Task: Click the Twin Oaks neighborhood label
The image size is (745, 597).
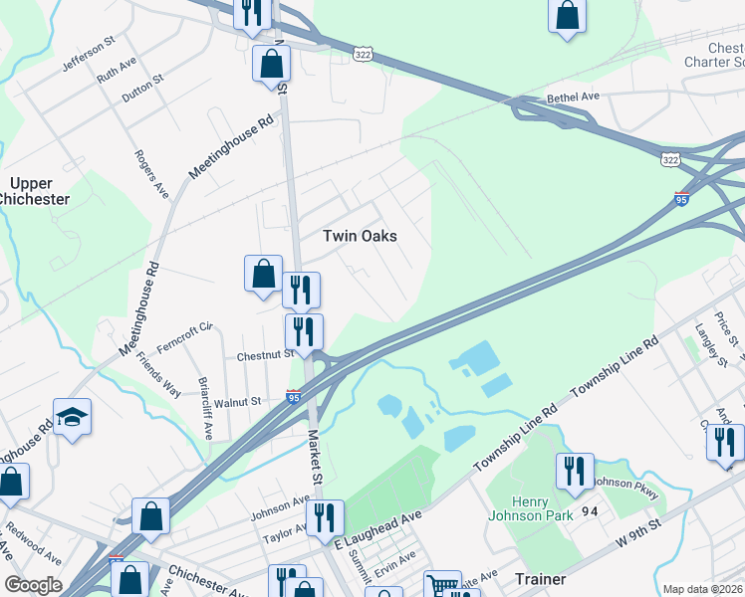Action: click(x=360, y=236)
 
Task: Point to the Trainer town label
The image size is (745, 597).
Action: click(x=541, y=578)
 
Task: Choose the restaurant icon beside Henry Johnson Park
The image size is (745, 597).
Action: click(x=575, y=471)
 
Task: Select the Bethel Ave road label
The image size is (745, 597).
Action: click(x=573, y=99)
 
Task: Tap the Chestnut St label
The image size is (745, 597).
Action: click(x=265, y=355)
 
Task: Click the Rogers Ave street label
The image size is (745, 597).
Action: click(x=151, y=172)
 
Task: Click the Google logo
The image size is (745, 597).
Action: click(x=33, y=585)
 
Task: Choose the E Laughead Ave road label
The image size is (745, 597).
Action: click(x=378, y=528)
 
